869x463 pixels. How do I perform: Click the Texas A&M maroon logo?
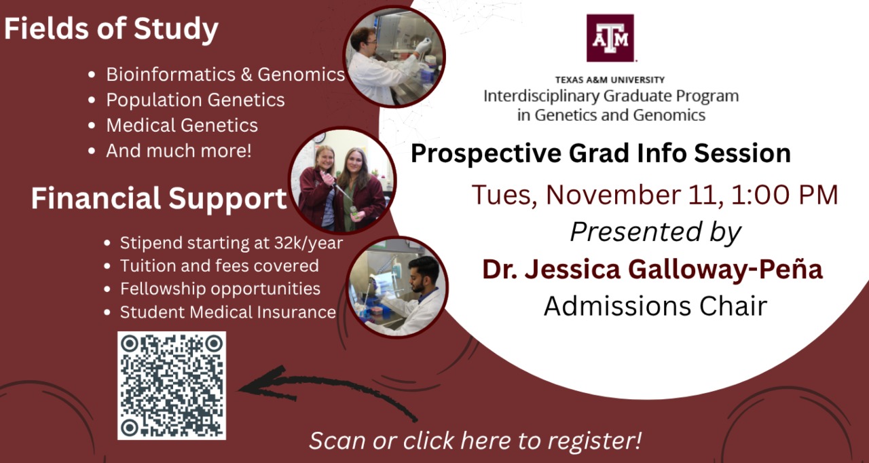[x=610, y=38]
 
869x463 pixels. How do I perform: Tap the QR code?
[x=172, y=386]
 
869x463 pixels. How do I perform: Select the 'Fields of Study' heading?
[x=111, y=29]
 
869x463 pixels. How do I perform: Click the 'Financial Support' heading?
[x=159, y=198]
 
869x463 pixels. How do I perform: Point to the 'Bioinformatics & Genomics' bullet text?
[x=225, y=75]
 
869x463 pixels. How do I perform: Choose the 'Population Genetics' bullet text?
[x=196, y=100]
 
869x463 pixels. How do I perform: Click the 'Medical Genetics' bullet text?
[x=182, y=126]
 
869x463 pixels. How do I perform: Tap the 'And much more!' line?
[x=179, y=151]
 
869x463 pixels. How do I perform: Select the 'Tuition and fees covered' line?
[x=219, y=266]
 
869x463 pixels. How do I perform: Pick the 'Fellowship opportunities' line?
[x=221, y=289]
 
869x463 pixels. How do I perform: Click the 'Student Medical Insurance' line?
[x=228, y=312]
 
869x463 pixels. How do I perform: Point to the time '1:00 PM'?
[x=784, y=195]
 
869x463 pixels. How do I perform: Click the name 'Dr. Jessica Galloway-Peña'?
[x=652, y=269]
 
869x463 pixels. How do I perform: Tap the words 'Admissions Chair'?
[x=656, y=306]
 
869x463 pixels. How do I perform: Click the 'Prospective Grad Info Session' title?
[x=601, y=153]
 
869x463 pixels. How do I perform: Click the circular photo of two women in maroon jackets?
[x=342, y=181]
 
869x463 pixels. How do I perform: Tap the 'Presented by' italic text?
[x=656, y=233]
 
